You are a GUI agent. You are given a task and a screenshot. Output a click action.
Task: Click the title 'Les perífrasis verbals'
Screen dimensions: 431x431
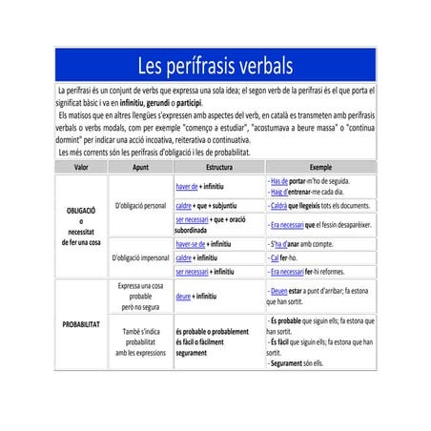[215, 66]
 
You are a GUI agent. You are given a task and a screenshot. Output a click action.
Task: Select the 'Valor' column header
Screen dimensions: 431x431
[80, 167]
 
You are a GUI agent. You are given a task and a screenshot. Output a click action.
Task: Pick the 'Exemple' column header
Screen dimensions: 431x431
[315, 167]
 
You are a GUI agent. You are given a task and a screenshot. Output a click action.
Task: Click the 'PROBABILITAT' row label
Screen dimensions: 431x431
[81, 325]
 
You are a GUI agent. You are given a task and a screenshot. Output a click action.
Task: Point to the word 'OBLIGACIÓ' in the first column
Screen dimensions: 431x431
[81, 211]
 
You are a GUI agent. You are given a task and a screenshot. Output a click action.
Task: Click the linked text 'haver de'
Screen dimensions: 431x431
[187, 186]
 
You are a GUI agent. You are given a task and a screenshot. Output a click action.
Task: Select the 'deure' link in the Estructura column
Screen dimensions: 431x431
[183, 298]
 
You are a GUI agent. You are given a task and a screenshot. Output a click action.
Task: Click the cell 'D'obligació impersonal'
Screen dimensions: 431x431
[141, 257]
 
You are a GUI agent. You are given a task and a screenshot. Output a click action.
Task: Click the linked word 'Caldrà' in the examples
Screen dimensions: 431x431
[281, 205]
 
